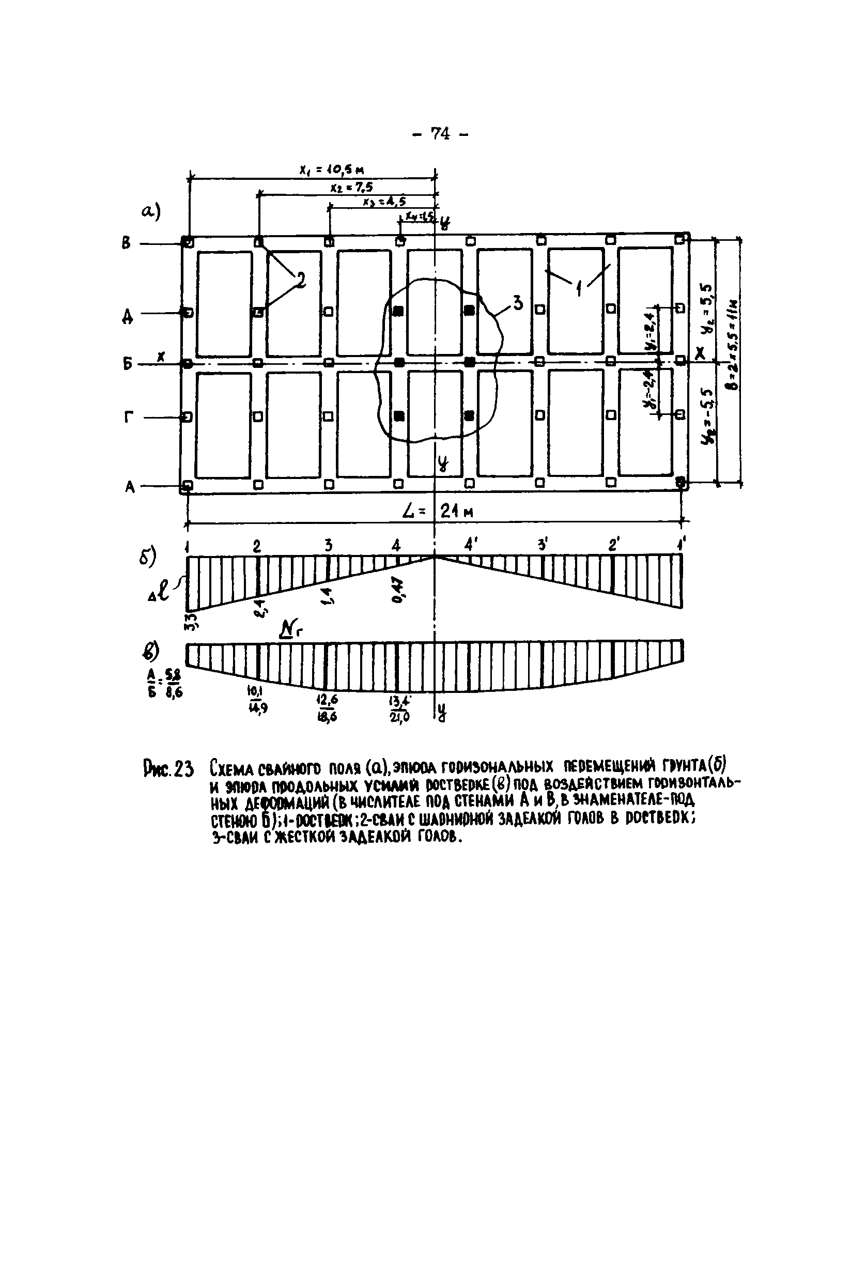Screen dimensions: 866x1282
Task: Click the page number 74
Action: [x=440, y=134]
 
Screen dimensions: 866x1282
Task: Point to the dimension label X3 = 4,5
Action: [x=384, y=202]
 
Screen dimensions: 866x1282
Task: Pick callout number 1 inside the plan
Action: [x=579, y=288]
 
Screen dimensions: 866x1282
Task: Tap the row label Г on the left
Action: [x=128, y=418]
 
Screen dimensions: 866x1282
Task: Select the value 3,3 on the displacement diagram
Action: [x=191, y=622]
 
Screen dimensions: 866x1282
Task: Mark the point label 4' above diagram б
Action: [x=470, y=546]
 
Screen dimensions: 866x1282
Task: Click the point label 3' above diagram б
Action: [x=542, y=546]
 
